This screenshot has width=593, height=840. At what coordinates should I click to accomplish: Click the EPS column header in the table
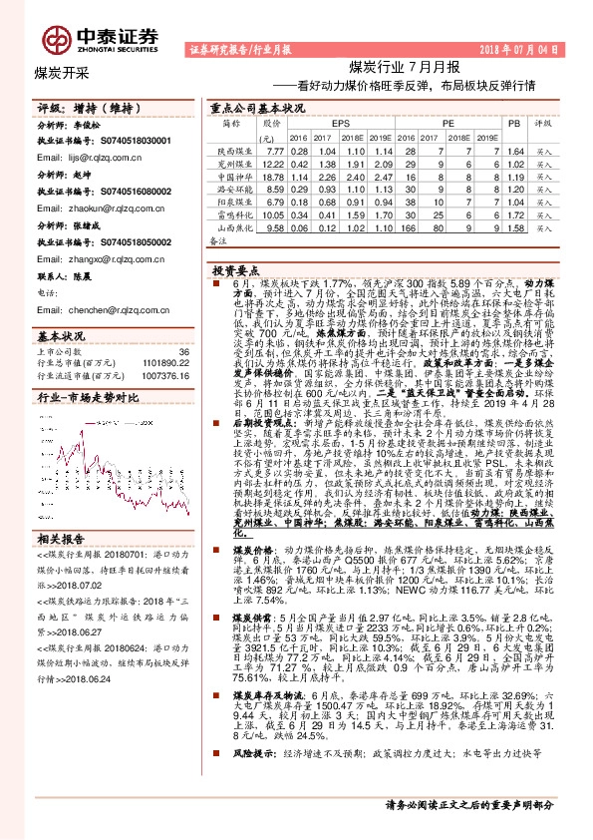328,123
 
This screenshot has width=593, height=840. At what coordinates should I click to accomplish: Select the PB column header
514,123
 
